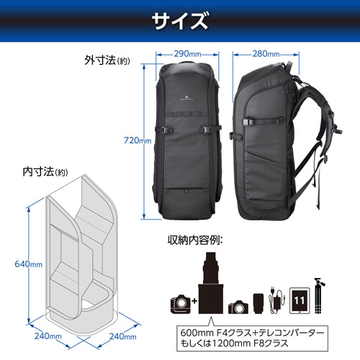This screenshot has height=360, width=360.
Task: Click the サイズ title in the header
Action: coord(180,21)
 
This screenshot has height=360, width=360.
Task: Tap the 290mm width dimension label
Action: coord(187,54)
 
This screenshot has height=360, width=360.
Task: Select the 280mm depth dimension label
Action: coord(266,54)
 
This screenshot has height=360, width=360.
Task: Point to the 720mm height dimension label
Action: coord(138,140)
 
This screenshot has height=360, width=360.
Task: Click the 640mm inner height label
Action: coord(29,264)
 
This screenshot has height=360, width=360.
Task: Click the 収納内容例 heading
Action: coord(195,240)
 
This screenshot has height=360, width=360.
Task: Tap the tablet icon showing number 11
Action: coord(300,300)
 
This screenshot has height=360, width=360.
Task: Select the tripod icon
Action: coord(319,296)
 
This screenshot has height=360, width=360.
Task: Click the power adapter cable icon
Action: coord(277,300)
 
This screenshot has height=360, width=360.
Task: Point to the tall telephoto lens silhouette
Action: coord(211,283)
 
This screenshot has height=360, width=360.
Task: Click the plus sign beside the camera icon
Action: coord(194,301)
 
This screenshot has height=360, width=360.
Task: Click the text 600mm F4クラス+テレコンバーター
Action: coord(252,333)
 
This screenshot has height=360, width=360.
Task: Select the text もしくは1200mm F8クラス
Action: coord(234,343)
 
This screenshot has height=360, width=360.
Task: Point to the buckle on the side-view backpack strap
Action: coord(248,122)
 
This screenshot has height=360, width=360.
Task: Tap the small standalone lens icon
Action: coord(258,303)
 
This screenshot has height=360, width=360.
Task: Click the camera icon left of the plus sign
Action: coord(181,305)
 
